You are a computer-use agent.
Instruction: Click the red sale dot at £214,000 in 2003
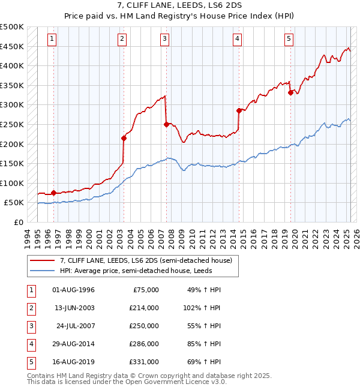(124, 138)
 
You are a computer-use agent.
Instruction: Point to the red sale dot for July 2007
(166, 124)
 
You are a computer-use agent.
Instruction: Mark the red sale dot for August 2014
(239, 110)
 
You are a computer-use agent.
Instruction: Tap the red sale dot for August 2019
(290, 92)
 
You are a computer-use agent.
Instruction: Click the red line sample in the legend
(44, 260)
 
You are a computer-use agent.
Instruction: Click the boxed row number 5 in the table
(31, 362)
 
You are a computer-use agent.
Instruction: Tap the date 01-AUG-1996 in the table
(74, 290)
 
